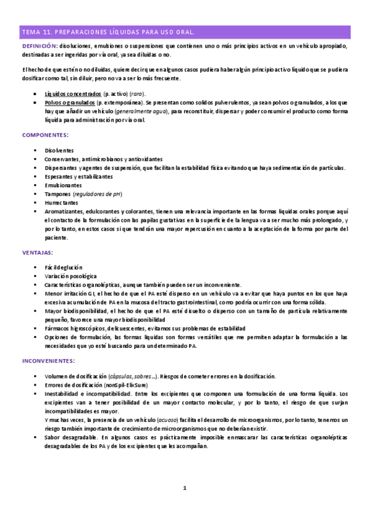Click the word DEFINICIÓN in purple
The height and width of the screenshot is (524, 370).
tap(40, 46)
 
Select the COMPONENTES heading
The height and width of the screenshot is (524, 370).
tap(45, 135)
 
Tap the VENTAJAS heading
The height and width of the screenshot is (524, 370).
tap(38, 253)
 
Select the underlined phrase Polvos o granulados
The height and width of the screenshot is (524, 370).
tap(70, 103)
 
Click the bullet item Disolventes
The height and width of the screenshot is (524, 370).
tap(59, 151)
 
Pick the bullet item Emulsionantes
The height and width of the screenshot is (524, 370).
tap(63, 185)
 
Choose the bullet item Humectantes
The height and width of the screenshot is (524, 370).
tap(61, 203)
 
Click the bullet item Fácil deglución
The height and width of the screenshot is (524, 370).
tap(64, 268)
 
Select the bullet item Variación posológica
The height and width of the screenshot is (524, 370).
tap(70, 276)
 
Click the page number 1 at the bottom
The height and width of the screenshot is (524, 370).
tap(185, 488)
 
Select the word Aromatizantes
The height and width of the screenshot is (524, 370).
tap(65, 211)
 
